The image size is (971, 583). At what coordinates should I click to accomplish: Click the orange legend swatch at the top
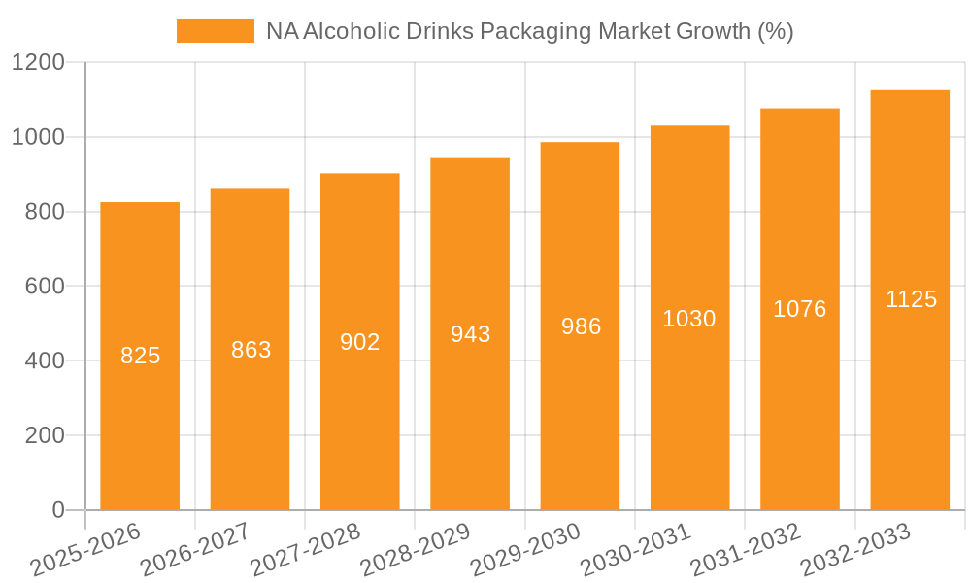(x=215, y=31)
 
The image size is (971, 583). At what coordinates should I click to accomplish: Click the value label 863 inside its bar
(x=251, y=350)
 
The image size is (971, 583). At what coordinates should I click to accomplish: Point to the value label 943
(x=470, y=334)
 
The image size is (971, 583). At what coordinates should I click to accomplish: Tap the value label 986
(x=581, y=326)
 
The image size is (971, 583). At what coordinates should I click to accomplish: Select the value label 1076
(x=800, y=309)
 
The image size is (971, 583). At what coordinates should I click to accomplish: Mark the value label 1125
(x=911, y=299)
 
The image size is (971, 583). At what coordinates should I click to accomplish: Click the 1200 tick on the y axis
(x=38, y=63)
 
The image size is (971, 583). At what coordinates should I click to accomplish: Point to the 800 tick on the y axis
(x=44, y=212)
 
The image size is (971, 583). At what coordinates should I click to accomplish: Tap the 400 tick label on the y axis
(x=44, y=361)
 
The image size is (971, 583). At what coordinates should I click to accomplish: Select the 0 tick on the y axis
(x=57, y=510)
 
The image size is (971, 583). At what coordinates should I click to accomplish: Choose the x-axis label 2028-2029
(x=416, y=550)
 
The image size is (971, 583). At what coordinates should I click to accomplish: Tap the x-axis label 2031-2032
(x=746, y=550)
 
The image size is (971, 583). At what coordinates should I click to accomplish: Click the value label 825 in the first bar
(x=140, y=356)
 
